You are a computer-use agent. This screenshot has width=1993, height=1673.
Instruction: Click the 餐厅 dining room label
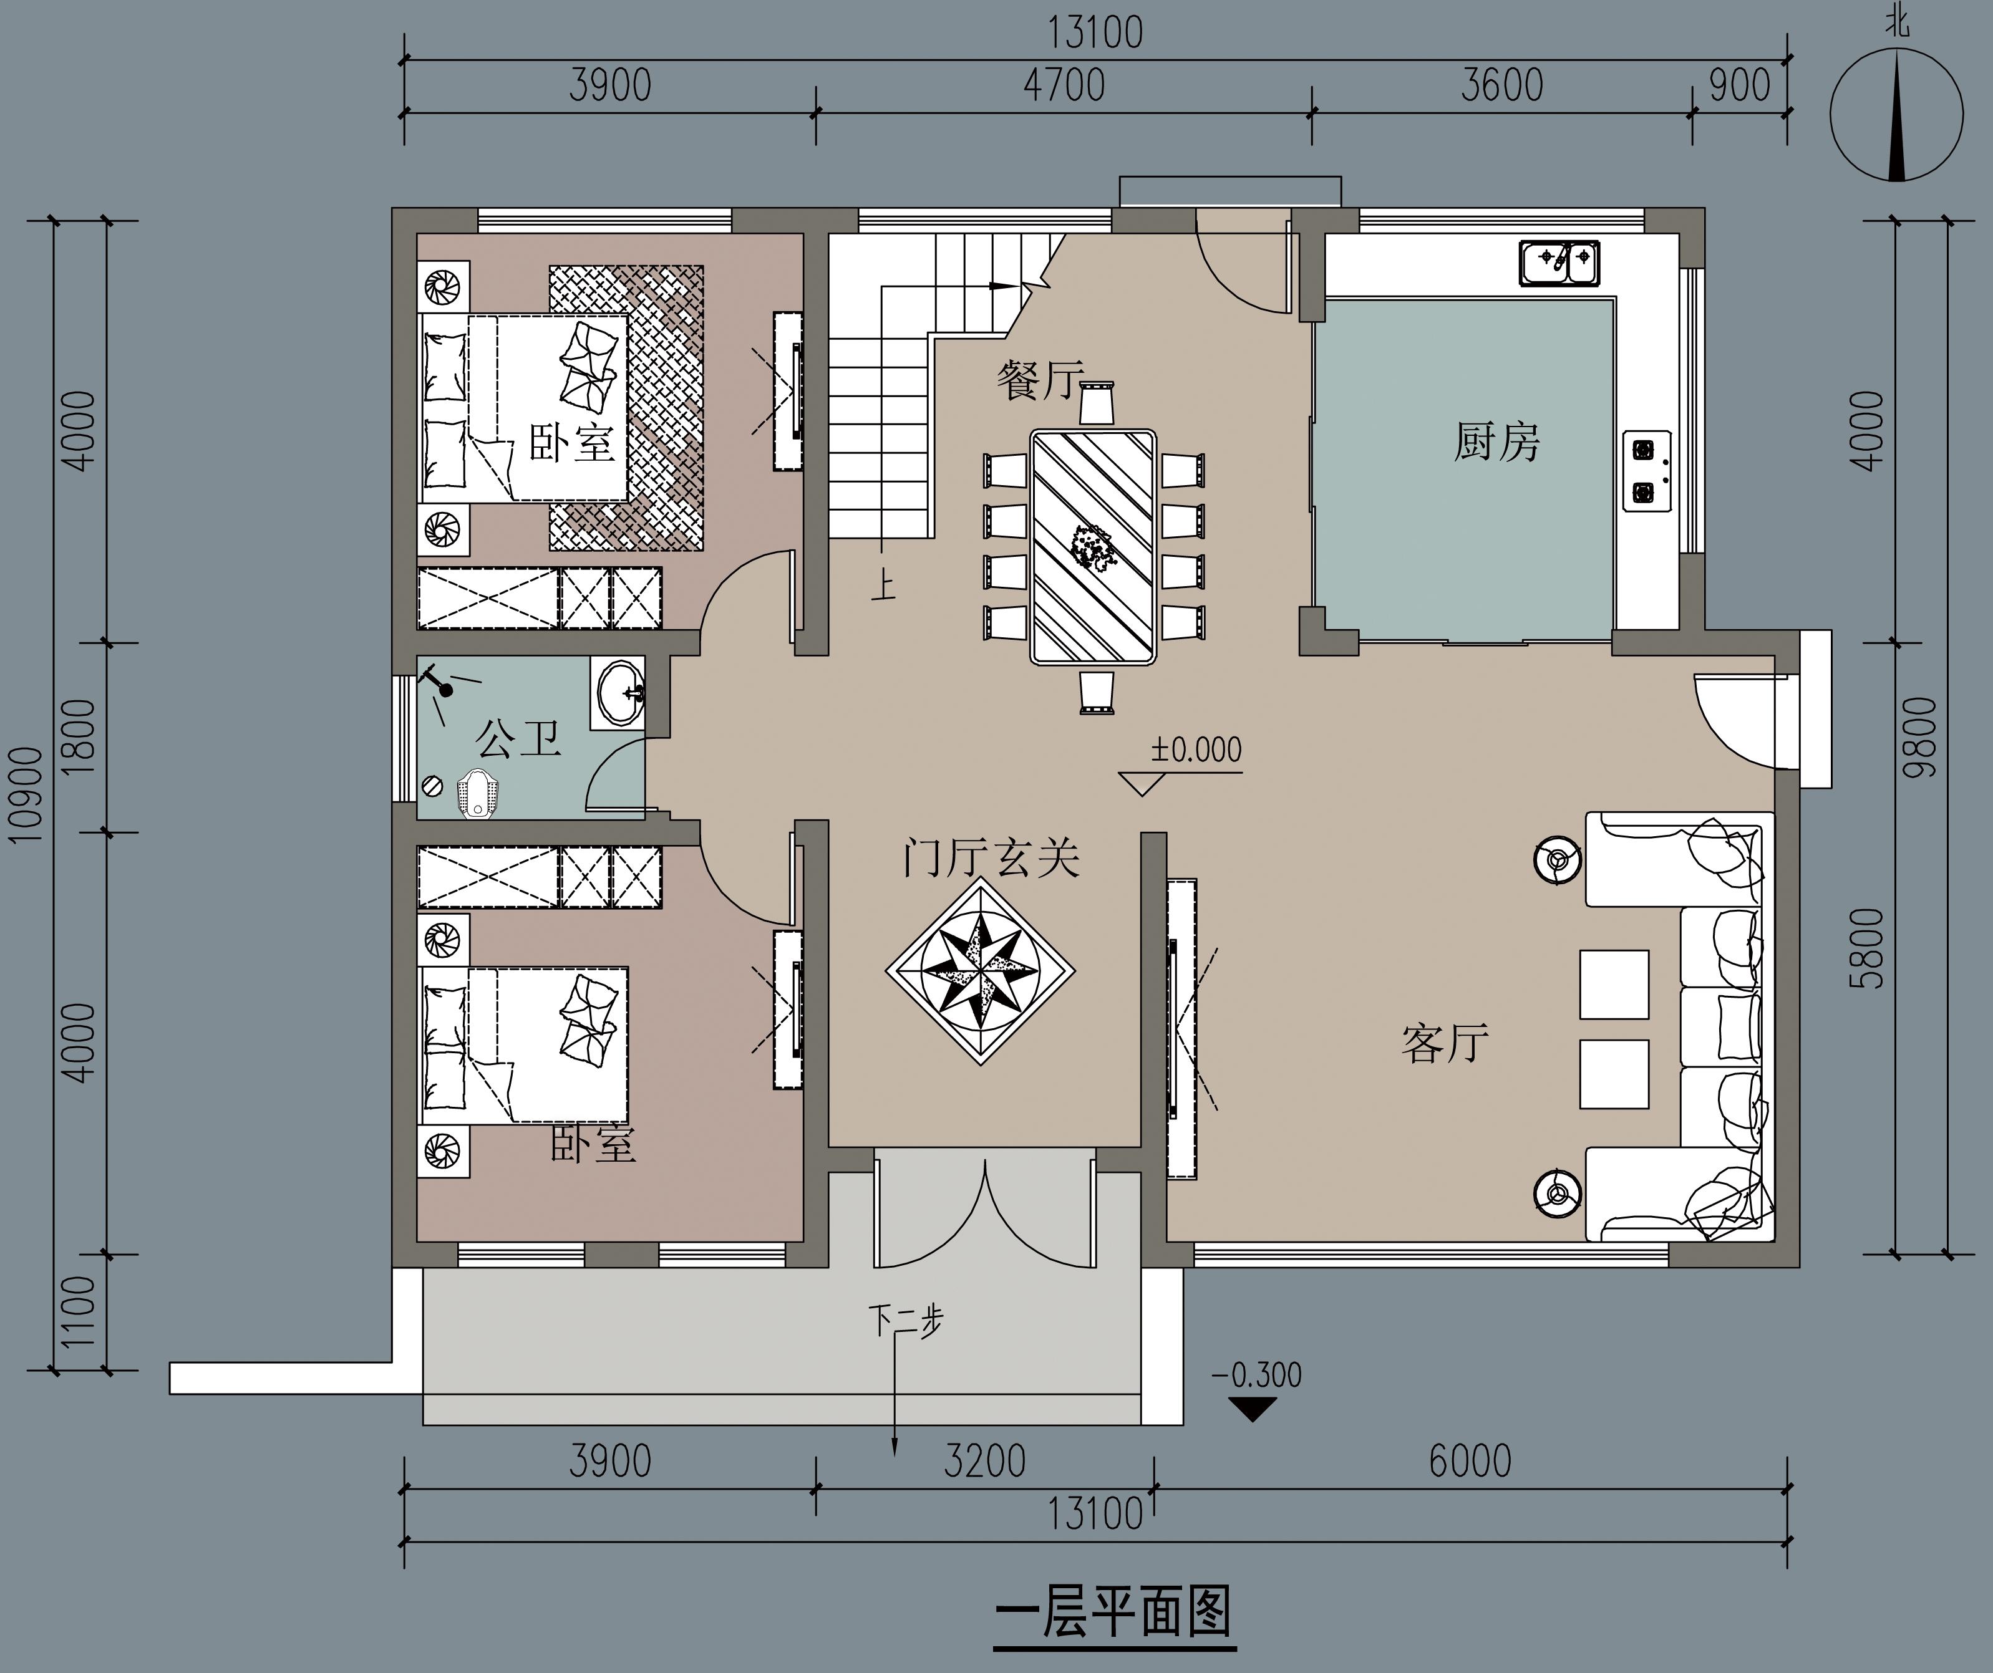1039,380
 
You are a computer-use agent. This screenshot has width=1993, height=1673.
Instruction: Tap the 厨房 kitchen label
1496,442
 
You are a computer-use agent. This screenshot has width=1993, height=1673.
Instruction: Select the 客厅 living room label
1445,1043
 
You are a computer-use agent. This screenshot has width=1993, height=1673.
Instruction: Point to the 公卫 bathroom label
518,738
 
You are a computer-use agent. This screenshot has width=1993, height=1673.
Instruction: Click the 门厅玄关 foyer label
991,858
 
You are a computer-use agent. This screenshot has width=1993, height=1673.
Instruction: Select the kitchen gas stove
1647,471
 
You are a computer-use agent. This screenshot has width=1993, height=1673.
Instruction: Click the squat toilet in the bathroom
477,795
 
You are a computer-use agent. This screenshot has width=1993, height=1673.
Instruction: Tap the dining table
1093,547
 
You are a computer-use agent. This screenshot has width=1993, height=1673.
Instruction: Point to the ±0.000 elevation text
1196,750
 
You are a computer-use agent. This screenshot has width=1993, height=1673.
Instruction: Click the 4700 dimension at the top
1064,85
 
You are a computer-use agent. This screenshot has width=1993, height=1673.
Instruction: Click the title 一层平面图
1114,1613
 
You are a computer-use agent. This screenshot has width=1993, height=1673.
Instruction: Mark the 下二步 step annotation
906,1320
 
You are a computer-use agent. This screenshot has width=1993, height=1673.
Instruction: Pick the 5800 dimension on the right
1867,948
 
